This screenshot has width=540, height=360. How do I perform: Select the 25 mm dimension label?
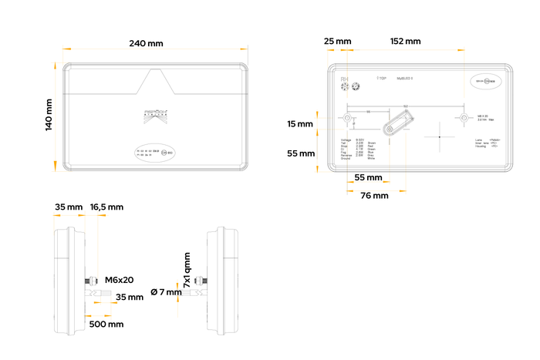(x=337, y=41)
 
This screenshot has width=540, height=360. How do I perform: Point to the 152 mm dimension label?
(x=406, y=41)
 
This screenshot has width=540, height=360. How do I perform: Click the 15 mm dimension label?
(x=301, y=124)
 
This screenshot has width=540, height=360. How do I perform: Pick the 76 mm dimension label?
(x=375, y=196)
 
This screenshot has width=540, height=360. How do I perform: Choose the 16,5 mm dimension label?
(x=106, y=207)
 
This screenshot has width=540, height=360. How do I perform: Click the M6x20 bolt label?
(x=120, y=279)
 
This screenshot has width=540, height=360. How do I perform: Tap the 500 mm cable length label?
(x=106, y=325)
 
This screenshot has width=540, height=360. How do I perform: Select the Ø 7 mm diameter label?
(x=166, y=291)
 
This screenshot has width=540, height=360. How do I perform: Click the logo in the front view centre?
(x=155, y=116)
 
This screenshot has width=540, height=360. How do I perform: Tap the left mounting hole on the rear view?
(x=348, y=119)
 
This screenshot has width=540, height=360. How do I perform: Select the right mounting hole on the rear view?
(x=464, y=119)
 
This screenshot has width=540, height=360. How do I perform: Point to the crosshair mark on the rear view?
(x=439, y=136)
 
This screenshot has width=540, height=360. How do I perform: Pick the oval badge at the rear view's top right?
(x=487, y=80)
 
